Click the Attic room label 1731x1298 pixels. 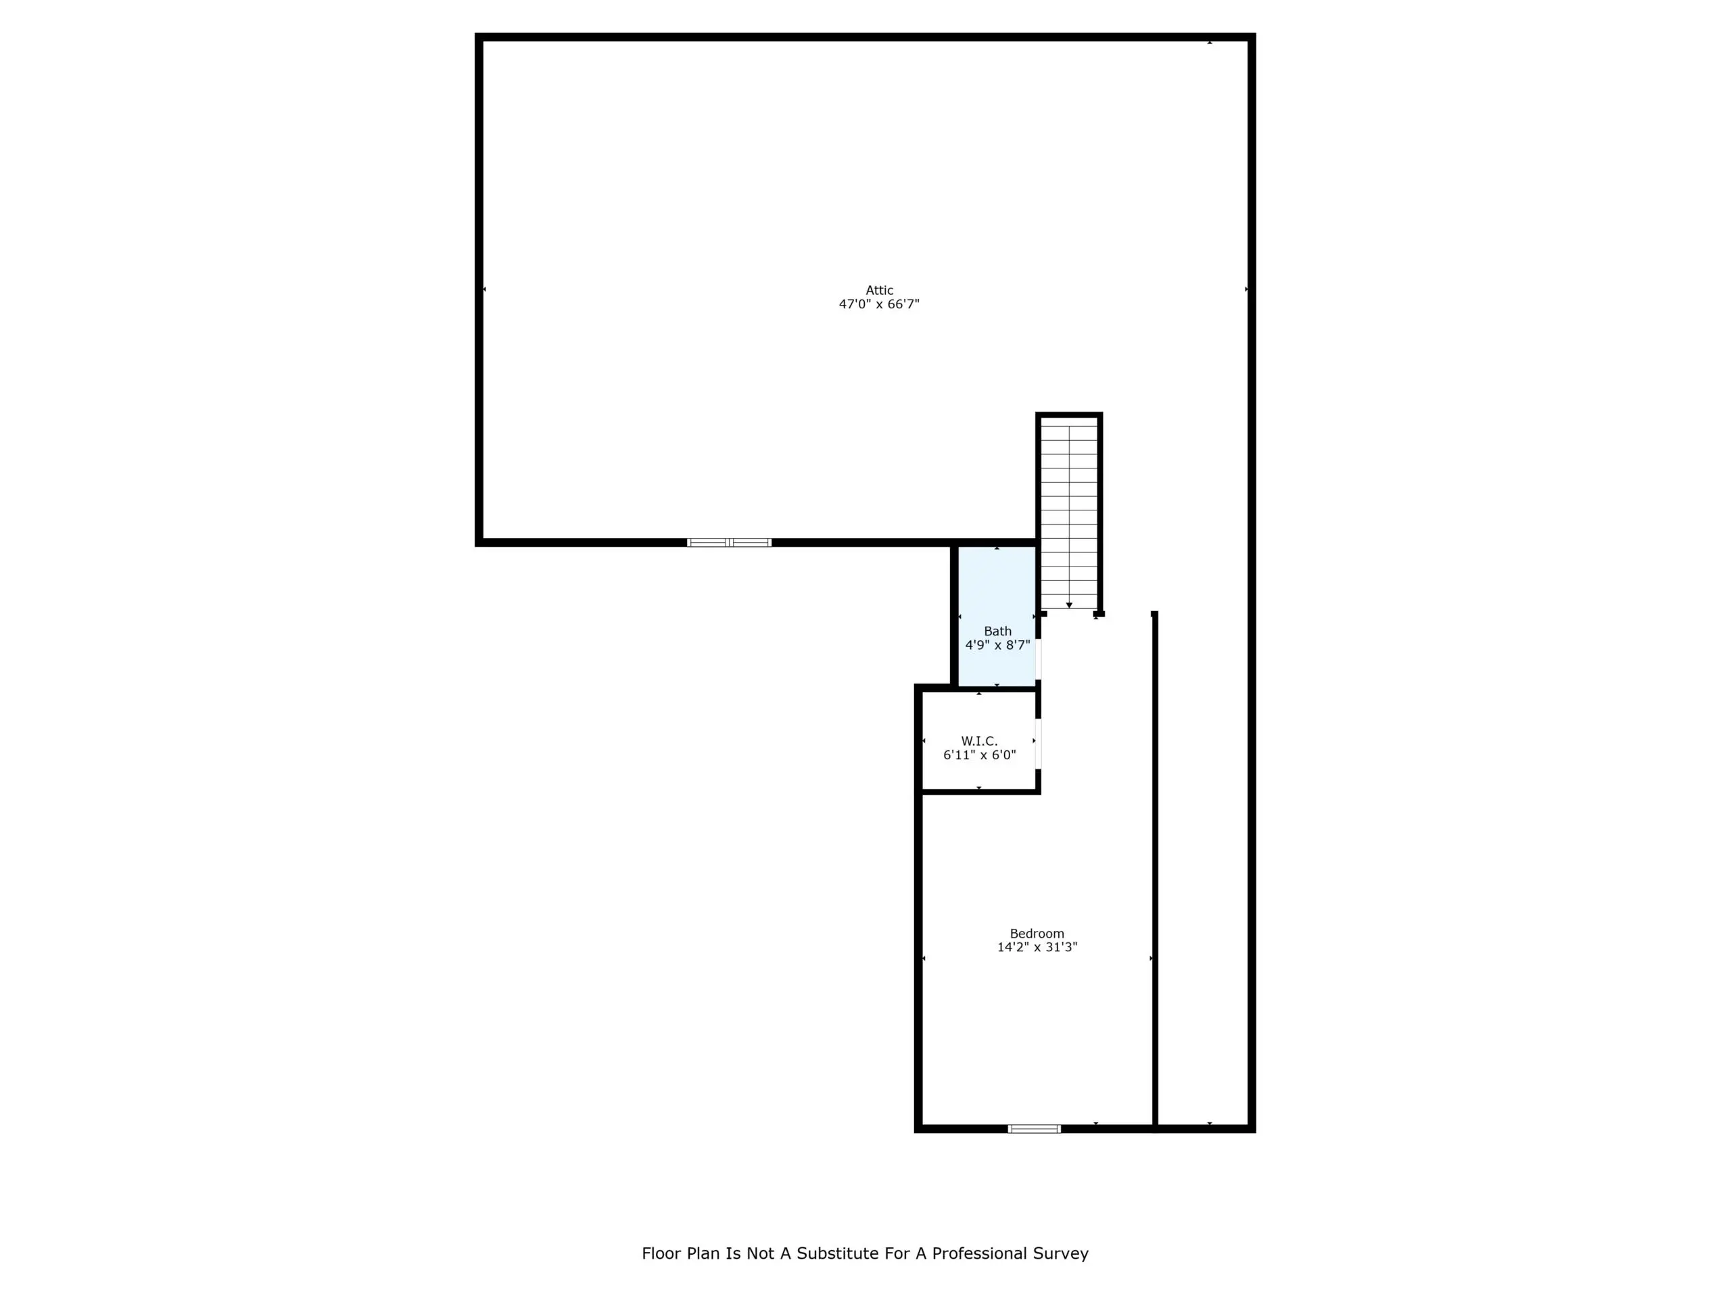pos(879,290)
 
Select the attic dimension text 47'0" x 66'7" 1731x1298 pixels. pos(879,304)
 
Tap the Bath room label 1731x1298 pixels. pos(998,631)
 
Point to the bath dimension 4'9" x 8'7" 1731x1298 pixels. pos(998,646)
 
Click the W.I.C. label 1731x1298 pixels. pos(980,741)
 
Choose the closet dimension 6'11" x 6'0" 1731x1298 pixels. pos(980,755)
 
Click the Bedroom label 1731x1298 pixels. pos(1037,934)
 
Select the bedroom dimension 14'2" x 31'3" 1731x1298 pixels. pos(1037,948)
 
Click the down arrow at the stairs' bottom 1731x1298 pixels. pos(1069,605)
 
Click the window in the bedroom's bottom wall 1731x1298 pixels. pos(1035,1128)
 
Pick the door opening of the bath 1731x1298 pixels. pos(1039,658)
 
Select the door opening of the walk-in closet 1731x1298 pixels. pos(1039,743)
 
